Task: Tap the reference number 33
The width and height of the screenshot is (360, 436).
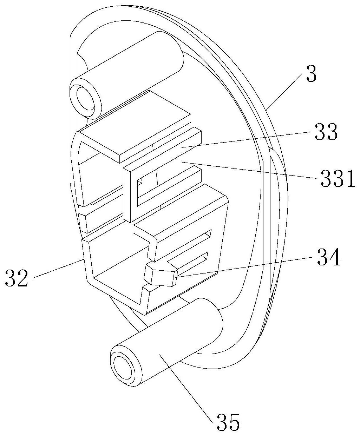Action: tap(326, 132)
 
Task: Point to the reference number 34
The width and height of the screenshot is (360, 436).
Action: tap(329, 258)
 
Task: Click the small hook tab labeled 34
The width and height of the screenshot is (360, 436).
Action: tap(161, 275)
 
